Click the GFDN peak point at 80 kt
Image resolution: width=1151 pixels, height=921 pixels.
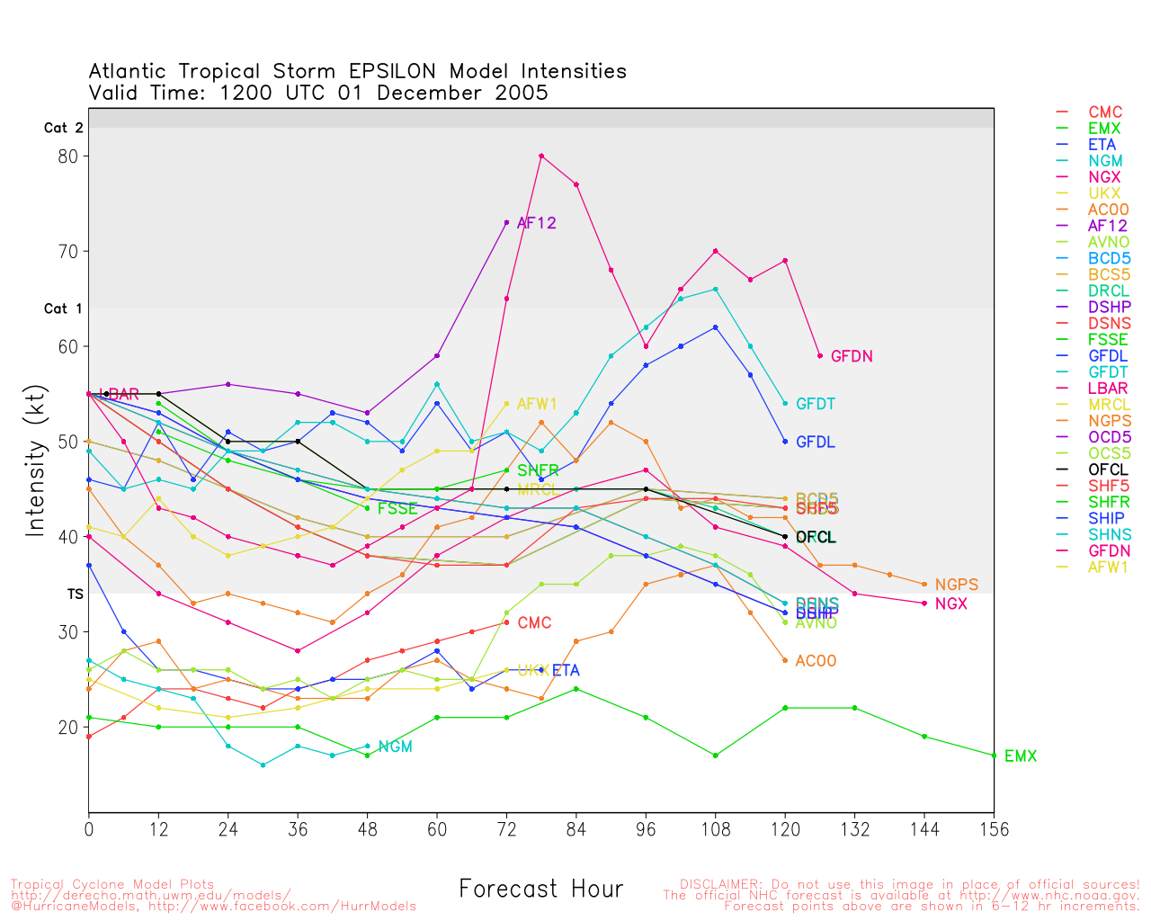click(x=541, y=156)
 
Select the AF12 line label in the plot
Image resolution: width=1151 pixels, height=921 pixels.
click(x=537, y=223)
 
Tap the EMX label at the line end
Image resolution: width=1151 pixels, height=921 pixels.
click(x=1021, y=756)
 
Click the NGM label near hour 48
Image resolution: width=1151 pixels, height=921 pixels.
click(x=396, y=747)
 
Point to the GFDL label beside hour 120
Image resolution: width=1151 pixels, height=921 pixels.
click(x=816, y=443)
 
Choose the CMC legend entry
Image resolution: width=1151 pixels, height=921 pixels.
click(x=1105, y=112)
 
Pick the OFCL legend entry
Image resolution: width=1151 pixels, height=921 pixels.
click(x=1108, y=469)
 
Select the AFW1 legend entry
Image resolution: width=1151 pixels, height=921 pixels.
click(x=1109, y=567)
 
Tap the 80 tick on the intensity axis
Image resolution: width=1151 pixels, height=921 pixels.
click(x=67, y=156)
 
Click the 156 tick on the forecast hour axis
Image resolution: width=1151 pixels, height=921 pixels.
click(x=994, y=829)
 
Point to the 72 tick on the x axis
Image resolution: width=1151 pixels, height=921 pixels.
click(x=506, y=829)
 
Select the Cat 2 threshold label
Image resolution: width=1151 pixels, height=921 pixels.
click(x=64, y=129)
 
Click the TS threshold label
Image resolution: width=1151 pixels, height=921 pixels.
click(x=76, y=595)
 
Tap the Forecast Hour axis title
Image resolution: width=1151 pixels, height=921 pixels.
click(x=541, y=889)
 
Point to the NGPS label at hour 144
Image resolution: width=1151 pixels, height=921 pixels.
click(x=957, y=585)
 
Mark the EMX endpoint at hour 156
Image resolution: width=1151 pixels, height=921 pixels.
click(x=994, y=756)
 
